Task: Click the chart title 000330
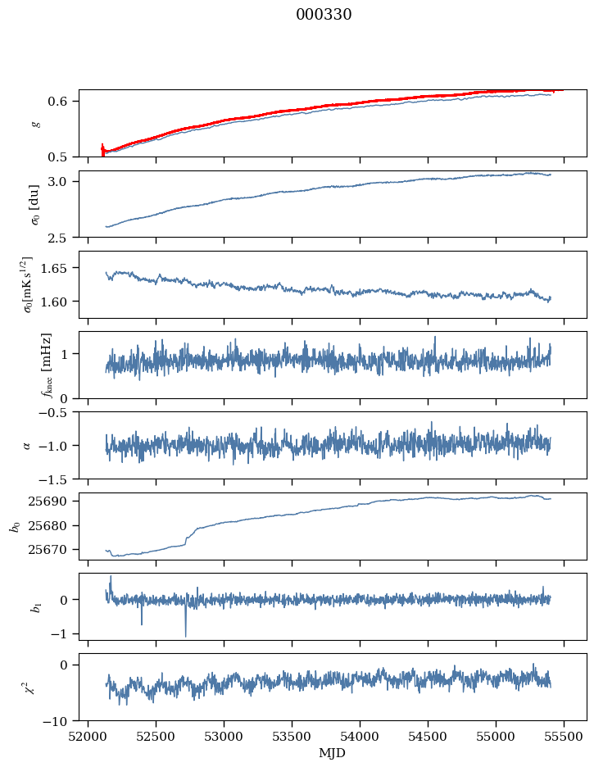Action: pyautogui.click(x=324, y=15)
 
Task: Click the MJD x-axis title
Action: pyautogui.click(x=333, y=752)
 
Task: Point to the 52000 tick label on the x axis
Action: pyautogui.click(x=88, y=736)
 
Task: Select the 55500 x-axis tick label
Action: pyautogui.click(x=565, y=736)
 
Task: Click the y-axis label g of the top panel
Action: pyautogui.click(x=34, y=124)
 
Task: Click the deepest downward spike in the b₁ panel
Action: pyautogui.click(x=185, y=636)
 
